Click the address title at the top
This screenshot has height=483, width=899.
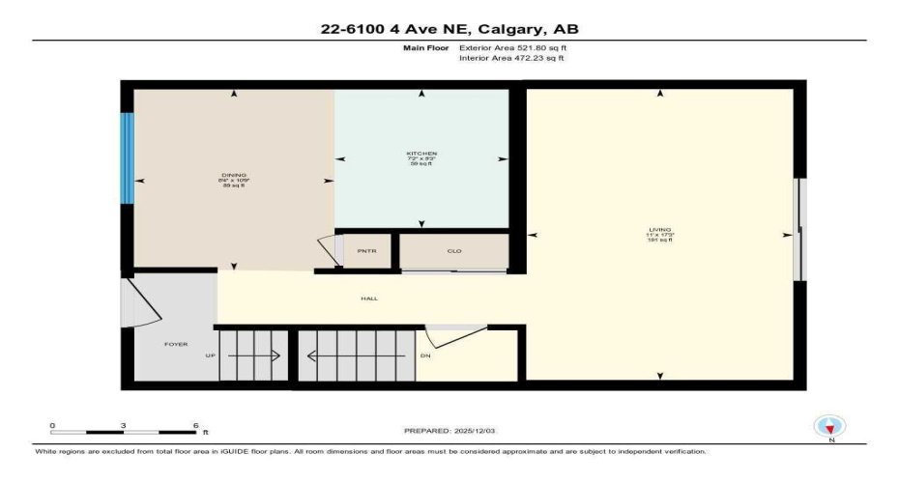coord(449,28)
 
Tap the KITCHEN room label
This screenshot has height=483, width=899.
coord(421,154)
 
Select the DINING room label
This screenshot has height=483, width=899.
coord(234,175)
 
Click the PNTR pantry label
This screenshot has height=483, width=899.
coord(365,251)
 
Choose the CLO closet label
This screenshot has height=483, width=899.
coord(453,251)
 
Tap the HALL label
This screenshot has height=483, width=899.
coord(369,298)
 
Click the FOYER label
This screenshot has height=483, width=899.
coord(176,344)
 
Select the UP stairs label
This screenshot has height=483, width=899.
coord(210,355)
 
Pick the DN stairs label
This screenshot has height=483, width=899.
coord(426,355)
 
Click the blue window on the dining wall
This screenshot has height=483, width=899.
coord(126,158)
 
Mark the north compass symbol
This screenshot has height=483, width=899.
coord(830,426)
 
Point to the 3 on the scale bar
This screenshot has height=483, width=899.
coord(124,425)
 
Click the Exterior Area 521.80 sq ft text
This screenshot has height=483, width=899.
coord(511,47)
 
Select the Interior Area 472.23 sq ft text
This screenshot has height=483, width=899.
coord(511,58)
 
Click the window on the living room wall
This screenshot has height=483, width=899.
coord(797,230)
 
